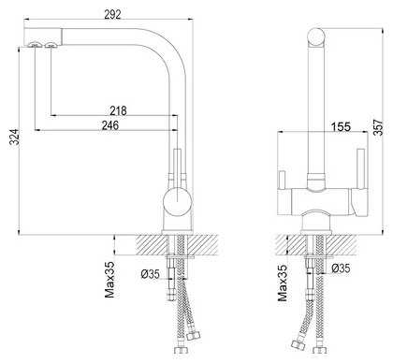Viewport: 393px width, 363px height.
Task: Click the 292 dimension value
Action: (x=112, y=14)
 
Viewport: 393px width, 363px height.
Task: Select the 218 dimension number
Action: (x=118, y=110)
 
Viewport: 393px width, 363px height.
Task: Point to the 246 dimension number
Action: (x=110, y=125)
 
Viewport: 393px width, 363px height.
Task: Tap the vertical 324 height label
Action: (x=14, y=137)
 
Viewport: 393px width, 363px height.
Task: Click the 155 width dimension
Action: (x=341, y=126)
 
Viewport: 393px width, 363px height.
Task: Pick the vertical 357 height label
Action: (x=378, y=127)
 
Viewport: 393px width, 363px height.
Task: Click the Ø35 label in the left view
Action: (x=151, y=274)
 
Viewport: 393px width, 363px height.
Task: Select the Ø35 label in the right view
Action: (x=341, y=269)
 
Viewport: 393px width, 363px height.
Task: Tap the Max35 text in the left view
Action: (x=109, y=280)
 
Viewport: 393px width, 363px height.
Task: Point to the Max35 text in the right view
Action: (x=283, y=283)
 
